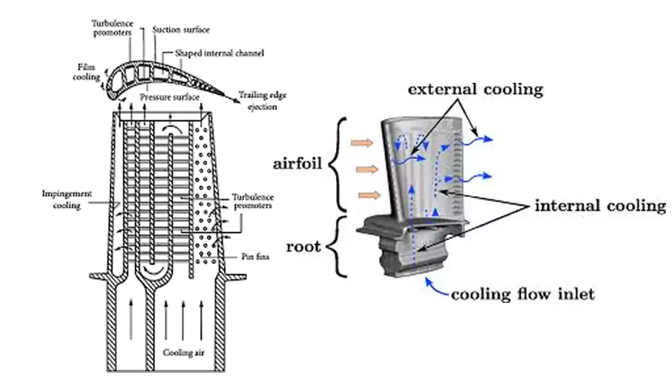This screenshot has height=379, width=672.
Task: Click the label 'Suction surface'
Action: click(181, 30)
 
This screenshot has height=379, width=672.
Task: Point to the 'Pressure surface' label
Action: click(169, 98)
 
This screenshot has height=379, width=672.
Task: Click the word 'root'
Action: click(303, 246)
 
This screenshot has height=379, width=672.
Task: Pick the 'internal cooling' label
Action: click(599, 205)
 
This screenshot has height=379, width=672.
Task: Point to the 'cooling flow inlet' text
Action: click(523, 294)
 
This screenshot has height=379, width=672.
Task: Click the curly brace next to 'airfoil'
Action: click(339, 163)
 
